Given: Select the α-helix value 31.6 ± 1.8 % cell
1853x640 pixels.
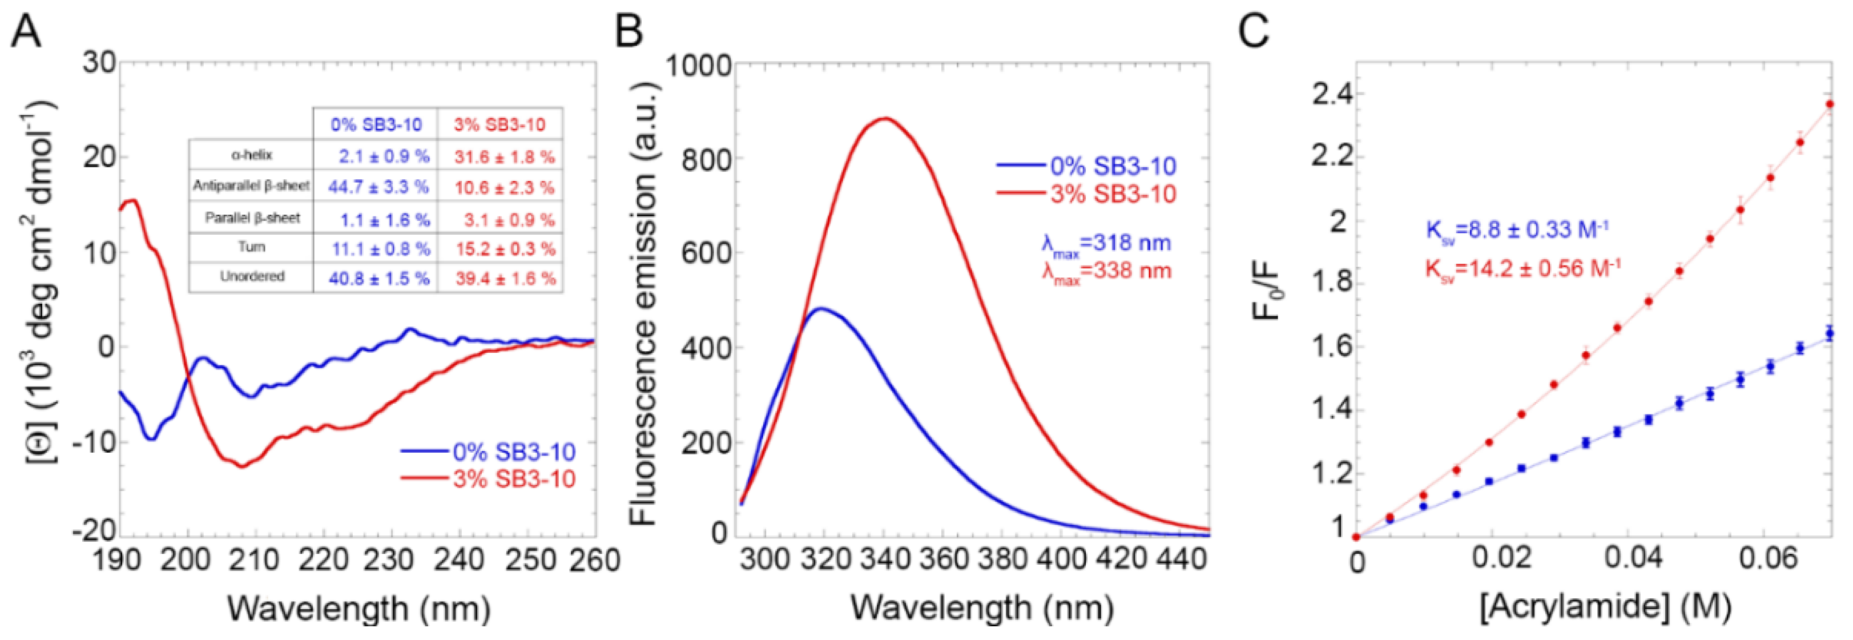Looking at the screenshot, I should coord(503,156).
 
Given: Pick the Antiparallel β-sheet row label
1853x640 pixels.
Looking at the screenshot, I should coord(251,186).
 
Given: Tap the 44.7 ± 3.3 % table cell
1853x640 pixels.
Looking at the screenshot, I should coord(378,188).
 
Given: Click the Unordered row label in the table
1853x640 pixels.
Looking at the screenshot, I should coord(252,276).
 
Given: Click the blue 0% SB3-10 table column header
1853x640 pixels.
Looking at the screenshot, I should coord(376,124).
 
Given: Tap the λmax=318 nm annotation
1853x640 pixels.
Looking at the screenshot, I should coord(1107,244).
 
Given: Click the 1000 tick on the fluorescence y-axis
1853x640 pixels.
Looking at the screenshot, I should coord(698,66).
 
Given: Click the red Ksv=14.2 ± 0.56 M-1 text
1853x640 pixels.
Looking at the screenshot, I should coord(1523,269).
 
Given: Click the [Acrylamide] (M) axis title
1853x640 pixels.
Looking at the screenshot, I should coord(1605,607).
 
